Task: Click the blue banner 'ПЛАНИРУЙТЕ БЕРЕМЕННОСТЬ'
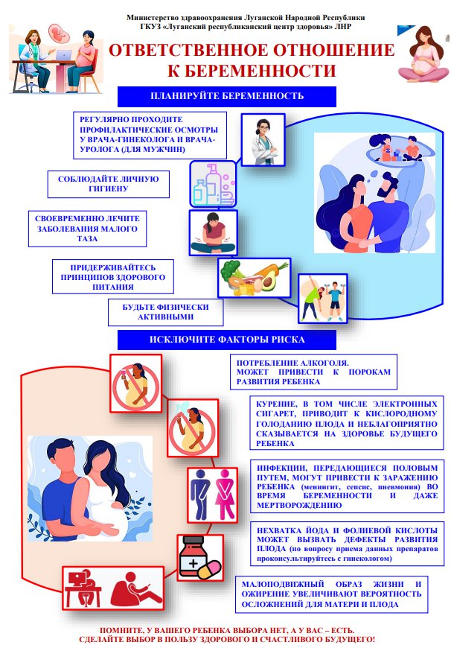click(226, 96)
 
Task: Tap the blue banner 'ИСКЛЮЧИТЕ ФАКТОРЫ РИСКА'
click(226, 340)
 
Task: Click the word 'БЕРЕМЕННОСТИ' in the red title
click(252, 70)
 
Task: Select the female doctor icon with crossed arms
click(263, 140)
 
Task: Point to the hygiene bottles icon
click(213, 184)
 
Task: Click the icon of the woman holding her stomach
click(214, 233)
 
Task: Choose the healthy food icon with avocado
click(254, 278)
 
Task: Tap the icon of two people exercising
click(322, 298)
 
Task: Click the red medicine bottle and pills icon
click(200, 558)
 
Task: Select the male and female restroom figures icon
click(213, 495)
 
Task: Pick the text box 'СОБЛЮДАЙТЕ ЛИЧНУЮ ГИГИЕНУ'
click(108, 184)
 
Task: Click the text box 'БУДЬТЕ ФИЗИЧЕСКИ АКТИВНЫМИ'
click(165, 312)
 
